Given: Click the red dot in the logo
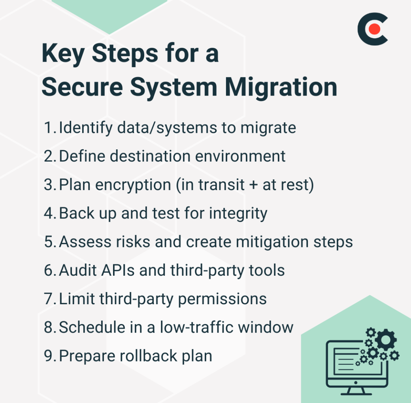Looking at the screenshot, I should click(375, 28).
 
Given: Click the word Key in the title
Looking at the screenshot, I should click(62, 54).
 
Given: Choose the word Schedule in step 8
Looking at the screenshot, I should click(92, 327).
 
